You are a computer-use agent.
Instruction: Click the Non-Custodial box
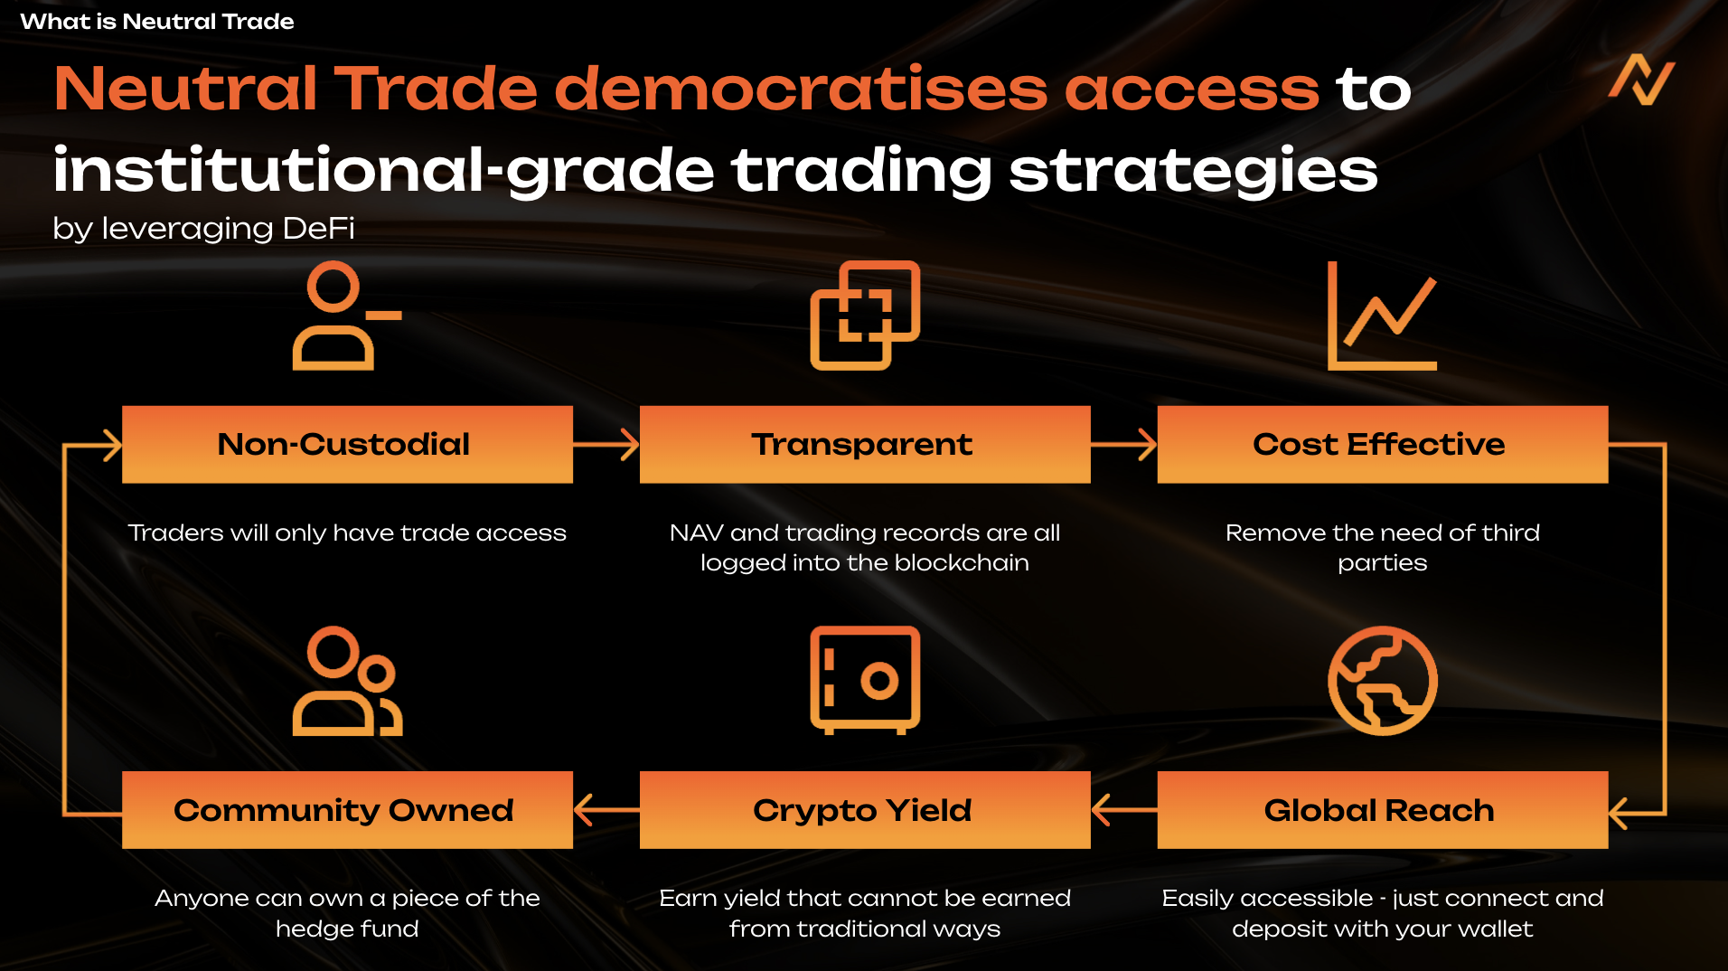(x=347, y=444)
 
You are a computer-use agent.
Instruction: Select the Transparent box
(x=865, y=444)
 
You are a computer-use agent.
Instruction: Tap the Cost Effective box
(x=1383, y=444)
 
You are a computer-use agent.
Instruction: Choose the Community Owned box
(x=347, y=809)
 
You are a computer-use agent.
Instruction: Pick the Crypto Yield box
(x=865, y=809)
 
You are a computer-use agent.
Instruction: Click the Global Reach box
(x=1383, y=809)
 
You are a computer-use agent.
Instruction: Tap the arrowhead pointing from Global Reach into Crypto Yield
(x=1100, y=809)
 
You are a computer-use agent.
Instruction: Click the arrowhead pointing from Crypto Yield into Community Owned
(x=582, y=809)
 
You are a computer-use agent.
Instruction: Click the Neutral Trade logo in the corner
(x=1641, y=80)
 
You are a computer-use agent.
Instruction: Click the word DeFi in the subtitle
(x=318, y=228)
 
